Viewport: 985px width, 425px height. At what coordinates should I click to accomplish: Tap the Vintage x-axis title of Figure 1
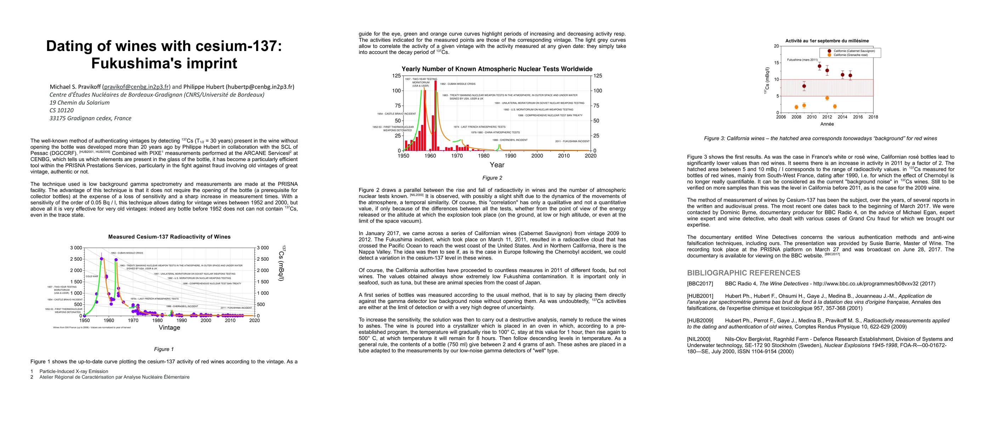coord(169,328)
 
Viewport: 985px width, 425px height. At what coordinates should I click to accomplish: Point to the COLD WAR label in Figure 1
coord(92,276)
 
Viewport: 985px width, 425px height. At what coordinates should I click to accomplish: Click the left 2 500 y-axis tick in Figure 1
coord(76,259)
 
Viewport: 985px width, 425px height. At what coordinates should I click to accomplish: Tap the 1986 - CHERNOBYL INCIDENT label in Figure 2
coord(510,140)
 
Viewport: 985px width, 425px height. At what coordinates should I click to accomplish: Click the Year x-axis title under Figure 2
coord(497,165)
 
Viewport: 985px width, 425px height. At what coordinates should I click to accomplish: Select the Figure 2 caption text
coord(492,178)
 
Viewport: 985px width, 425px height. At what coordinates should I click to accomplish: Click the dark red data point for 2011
coord(820,66)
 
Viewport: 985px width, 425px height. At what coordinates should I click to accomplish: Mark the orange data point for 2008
coord(796,107)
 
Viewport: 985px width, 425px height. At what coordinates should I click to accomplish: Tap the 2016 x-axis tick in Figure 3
coord(857,117)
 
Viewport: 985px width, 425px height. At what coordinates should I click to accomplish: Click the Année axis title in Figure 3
coord(827,124)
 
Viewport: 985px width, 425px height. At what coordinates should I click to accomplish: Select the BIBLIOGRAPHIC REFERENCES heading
coord(743,273)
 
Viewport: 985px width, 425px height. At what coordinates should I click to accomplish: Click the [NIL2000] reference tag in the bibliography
coord(698,339)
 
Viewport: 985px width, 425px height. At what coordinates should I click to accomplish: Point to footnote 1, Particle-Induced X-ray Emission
coord(73,371)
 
